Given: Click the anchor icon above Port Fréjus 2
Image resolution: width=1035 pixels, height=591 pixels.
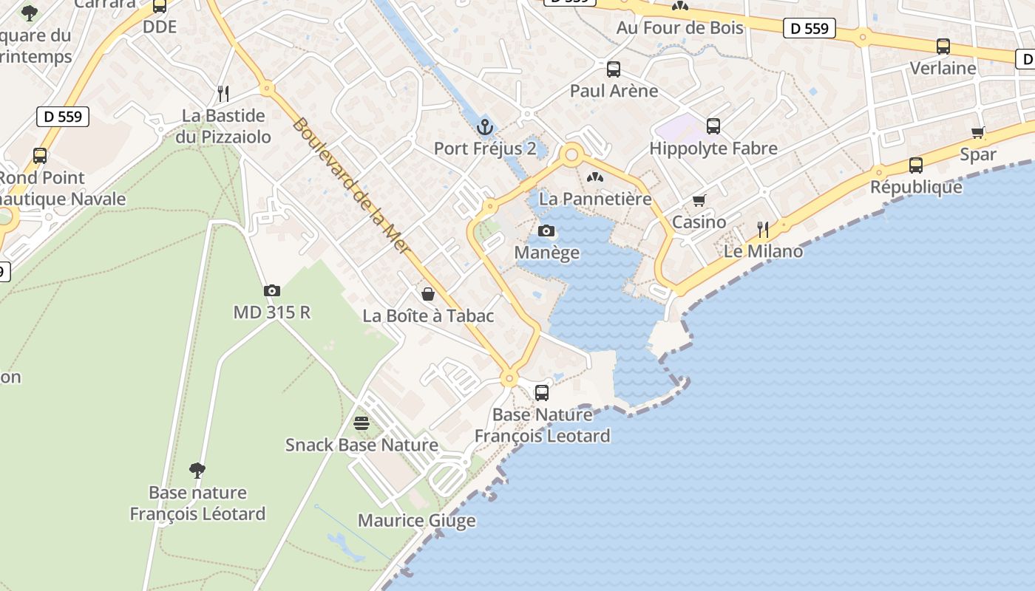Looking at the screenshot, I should pyautogui.click(x=484, y=127).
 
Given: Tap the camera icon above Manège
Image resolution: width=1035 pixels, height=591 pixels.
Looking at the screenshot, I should pyautogui.click(x=546, y=231).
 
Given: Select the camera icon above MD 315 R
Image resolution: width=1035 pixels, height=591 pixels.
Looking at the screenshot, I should pyautogui.click(x=272, y=291).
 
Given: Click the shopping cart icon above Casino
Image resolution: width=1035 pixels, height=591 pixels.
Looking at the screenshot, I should pyautogui.click(x=699, y=200).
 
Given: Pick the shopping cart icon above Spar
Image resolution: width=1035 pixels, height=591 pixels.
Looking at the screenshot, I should pyautogui.click(x=978, y=133).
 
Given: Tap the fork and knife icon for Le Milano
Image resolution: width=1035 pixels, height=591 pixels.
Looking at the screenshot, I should pyautogui.click(x=763, y=230).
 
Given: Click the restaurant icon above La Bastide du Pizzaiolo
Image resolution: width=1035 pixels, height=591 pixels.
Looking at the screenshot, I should pyautogui.click(x=223, y=94).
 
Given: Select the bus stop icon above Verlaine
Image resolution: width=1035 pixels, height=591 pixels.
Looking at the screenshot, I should pyautogui.click(x=943, y=47).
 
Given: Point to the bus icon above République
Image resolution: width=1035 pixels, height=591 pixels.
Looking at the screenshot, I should pyautogui.click(x=916, y=165).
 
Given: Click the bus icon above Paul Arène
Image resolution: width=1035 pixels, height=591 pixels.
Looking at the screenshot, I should pyautogui.click(x=614, y=69).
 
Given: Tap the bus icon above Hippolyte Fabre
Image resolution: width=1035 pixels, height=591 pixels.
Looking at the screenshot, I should pyautogui.click(x=713, y=126).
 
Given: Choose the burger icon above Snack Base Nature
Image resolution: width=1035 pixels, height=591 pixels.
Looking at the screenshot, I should pyautogui.click(x=362, y=423).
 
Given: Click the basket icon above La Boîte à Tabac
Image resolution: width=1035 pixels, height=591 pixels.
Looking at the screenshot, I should pyautogui.click(x=428, y=294).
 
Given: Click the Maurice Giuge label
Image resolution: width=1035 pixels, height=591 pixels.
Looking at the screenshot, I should pyautogui.click(x=416, y=521).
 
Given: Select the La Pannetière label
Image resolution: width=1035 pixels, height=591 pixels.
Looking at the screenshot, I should pyautogui.click(x=595, y=199).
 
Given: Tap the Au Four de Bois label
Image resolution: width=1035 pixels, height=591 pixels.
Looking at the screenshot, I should pyautogui.click(x=679, y=28).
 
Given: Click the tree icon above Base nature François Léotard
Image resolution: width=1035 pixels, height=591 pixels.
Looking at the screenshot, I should pyautogui.click(x=197, y=470).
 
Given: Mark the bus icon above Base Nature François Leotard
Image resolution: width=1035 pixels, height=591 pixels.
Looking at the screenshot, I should pyautogui.click(x=542, y=393).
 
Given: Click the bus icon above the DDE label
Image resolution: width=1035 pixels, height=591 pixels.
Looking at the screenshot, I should pyautogui.click(x=160, y=7).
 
